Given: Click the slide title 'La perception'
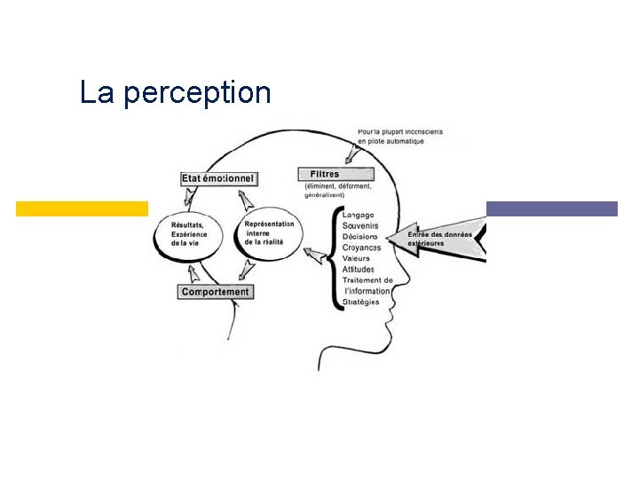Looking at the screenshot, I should pos(175,92).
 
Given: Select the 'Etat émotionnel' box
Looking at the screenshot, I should pos(217,178).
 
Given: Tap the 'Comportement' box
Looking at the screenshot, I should pos(216,292).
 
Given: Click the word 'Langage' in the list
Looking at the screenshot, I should pos(358,215).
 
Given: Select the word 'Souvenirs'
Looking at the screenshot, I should pos(360,225).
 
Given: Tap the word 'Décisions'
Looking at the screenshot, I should pos(359,237).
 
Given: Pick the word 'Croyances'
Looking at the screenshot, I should pos(361,247).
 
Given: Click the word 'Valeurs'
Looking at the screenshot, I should pos(356,258).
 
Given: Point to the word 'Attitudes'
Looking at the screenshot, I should pos(359,269).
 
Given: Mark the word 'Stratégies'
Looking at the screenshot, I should pos(360,302).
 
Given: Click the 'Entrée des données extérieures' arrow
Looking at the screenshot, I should pos(444,239).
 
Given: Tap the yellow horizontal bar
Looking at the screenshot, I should pos(82,208).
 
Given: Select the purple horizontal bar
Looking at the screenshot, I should pos(551,208).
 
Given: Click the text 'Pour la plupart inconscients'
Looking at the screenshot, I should pos(400,132).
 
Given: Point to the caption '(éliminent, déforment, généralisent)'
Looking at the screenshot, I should pos(337,190).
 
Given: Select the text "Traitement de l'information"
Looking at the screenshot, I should pos(367,286).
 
